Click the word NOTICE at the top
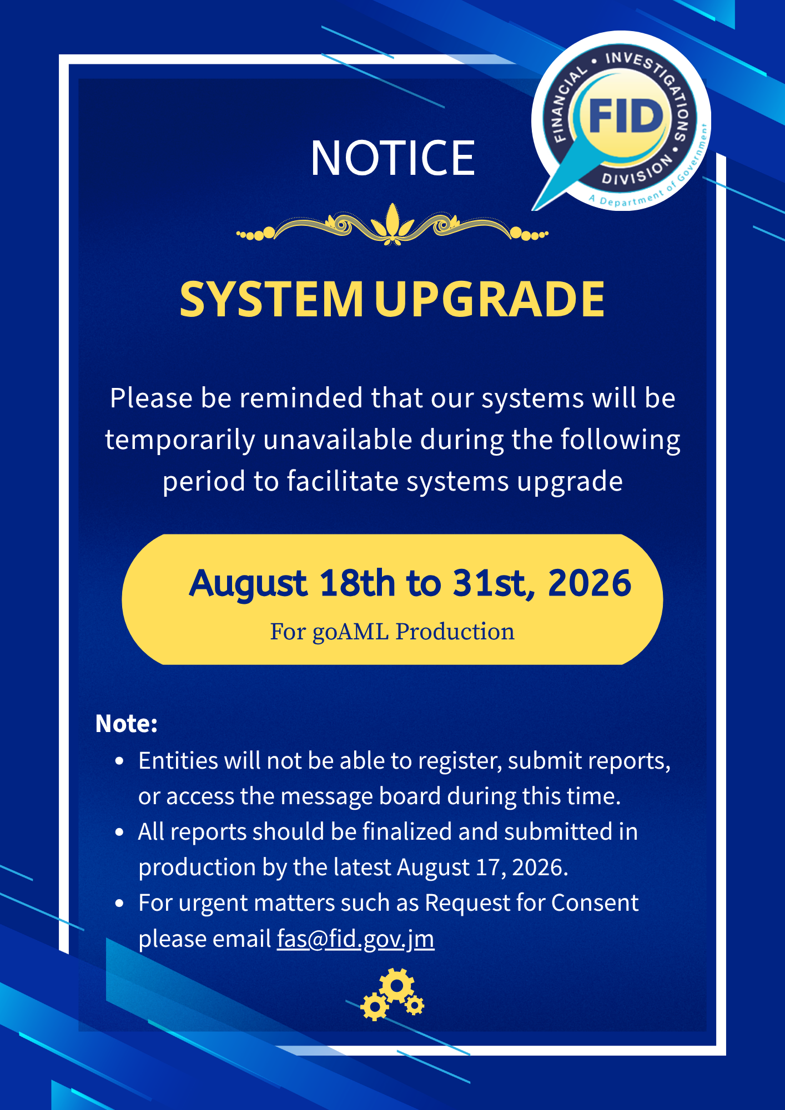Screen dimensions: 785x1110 (392, 158)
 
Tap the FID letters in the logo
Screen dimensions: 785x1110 (626, 117)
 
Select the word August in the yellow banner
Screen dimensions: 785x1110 (248, 584)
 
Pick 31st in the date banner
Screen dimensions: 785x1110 (494, 583)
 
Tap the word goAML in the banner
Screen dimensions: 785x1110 (350, 632)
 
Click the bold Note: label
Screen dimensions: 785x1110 (127, 724)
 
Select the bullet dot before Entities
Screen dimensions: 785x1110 (119, 761)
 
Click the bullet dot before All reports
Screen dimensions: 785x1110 (119, 833)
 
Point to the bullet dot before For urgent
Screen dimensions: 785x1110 (119, 904)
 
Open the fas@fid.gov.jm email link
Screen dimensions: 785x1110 (355, 939)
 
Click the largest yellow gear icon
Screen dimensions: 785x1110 (397, 986)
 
